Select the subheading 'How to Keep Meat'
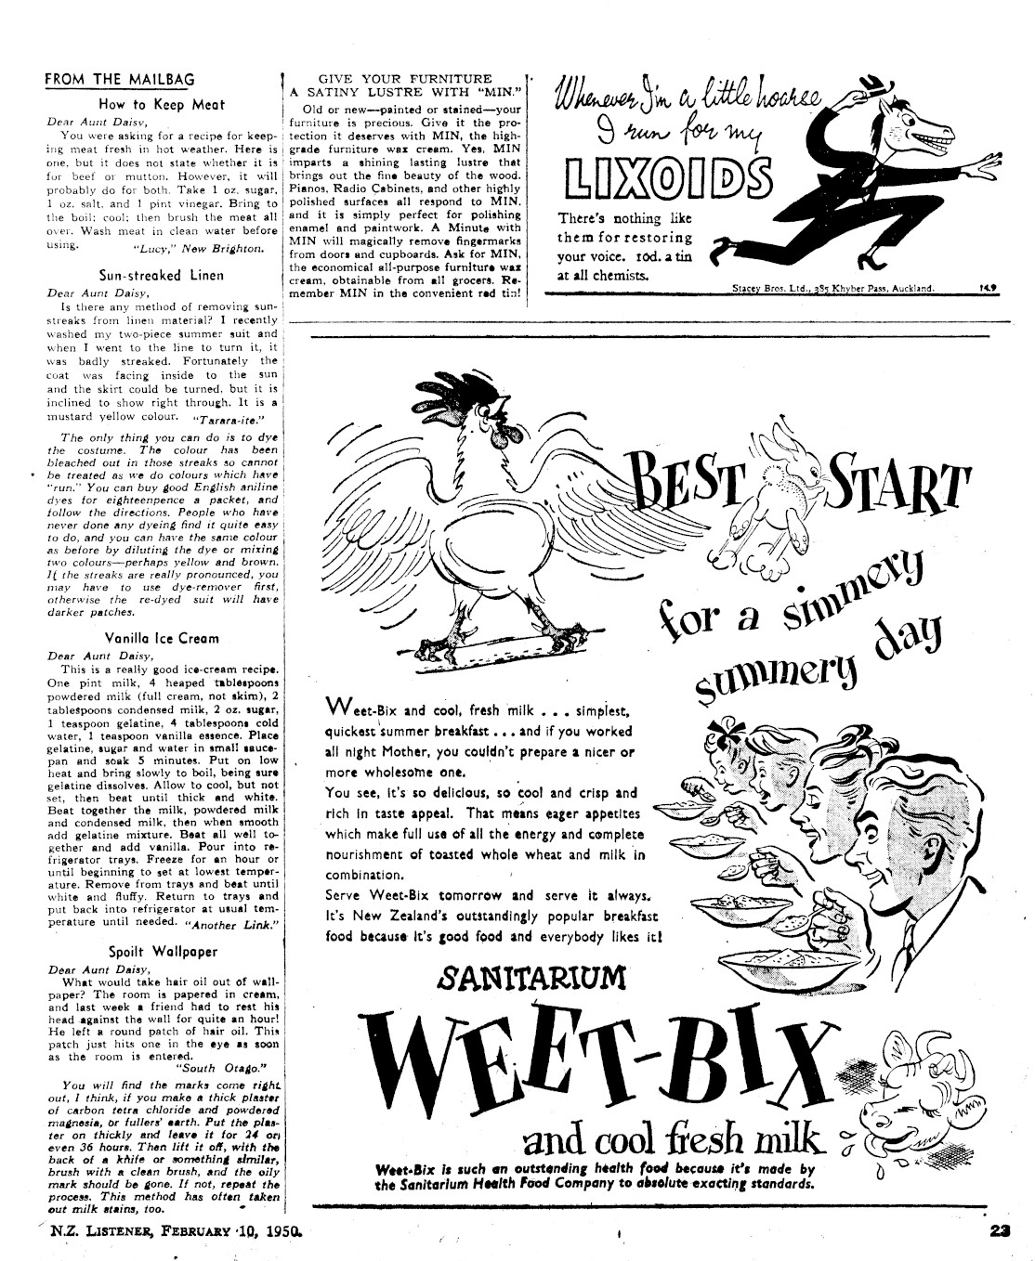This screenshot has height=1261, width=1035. pos(162,105)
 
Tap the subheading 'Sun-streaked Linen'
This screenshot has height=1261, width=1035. pos(161,275)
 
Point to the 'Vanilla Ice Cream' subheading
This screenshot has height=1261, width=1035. pos(163,638)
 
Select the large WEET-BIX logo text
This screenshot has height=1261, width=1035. pos(595,1054)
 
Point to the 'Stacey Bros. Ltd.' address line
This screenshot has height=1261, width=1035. pos(832,289)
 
